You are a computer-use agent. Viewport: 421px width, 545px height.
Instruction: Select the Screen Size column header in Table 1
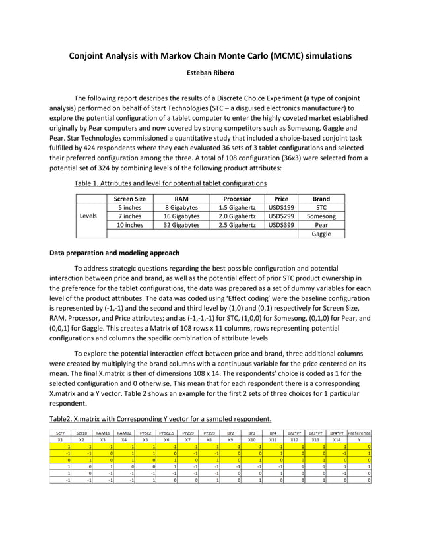[129, 198]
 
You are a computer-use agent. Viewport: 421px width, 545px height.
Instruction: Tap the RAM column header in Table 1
[181, 198]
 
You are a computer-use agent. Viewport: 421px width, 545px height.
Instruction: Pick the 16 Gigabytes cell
[181, 216]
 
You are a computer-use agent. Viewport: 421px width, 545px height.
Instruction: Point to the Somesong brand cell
[321, 216]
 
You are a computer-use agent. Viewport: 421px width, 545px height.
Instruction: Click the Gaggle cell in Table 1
[321, 234]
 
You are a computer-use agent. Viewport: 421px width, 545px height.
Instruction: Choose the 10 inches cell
[129, 225]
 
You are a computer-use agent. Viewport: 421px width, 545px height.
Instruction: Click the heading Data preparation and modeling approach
[114, 253]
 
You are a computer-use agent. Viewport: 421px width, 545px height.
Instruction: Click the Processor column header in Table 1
[237, 198]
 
